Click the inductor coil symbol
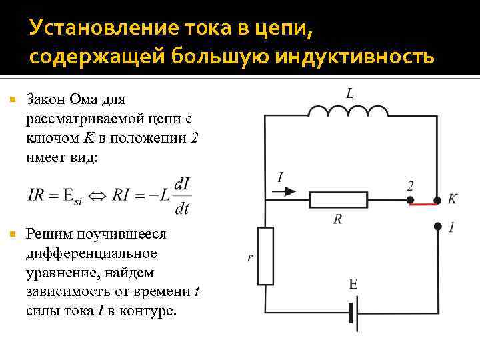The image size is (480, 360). (x=349, y=111)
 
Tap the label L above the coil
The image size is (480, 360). (x=350, y=93)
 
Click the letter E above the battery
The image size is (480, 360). (x=353, y=285)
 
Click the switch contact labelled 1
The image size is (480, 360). (x=437, y=226)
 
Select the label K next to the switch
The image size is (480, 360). (x=452, y=199)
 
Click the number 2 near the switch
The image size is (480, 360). (x=410, y=185)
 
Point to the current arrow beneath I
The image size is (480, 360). (x=283, y=191)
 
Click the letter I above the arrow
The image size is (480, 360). (x=280, y=177)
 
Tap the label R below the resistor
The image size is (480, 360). (x=338, y=219)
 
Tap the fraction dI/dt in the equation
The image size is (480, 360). (x=181, y=196)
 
